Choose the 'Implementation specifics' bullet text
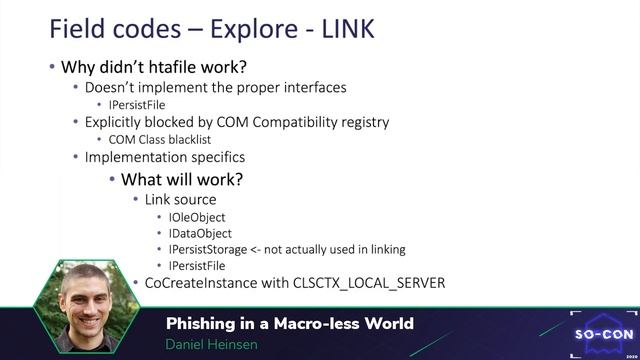(x=164, y=157)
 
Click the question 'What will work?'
(x=182, y=180)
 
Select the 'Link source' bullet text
(x=180, y=200)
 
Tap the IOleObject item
(x=197, y=217)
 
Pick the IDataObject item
(x=200, y=233)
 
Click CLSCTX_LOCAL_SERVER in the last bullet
(x=368, y=283)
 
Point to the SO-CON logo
(x=603, y=331)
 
